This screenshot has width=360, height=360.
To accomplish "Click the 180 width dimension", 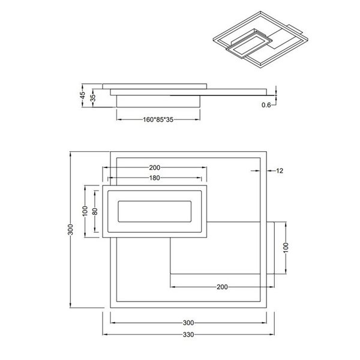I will [x=155, y=178].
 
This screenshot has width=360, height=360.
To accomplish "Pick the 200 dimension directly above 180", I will [x=155, y=167].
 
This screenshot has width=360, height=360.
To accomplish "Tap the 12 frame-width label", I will [x=279, y=171].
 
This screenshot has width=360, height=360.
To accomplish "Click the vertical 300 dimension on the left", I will [x=71, y=231].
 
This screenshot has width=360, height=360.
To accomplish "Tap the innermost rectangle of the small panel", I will [x=155, y=212].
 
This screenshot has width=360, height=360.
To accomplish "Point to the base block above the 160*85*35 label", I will [x=157, y=99].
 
